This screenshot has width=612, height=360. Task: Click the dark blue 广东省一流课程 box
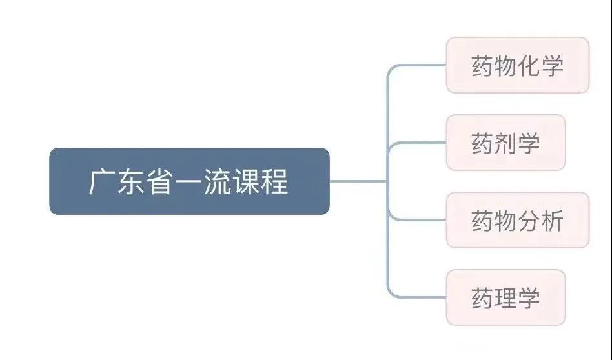[189, 181]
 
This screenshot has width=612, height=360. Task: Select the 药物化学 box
[517, 65]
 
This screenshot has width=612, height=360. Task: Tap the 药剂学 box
[505, 143]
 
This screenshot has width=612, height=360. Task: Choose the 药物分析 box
[517, 220]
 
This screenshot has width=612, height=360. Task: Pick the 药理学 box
[505, 297]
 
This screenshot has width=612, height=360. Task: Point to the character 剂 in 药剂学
[505, 143]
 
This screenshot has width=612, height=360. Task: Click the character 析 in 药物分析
[553, 221]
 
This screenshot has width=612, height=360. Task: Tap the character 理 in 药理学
[505, 298]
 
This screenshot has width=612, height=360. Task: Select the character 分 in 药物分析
[529, 221]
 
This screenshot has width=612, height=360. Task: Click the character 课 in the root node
[249, 182]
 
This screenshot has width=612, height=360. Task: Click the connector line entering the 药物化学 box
[420, 65]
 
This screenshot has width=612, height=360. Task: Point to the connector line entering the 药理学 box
[420, 297]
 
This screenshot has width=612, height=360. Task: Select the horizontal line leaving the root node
[358, 181]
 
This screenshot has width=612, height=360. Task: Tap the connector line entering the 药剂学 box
[420, 143]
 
